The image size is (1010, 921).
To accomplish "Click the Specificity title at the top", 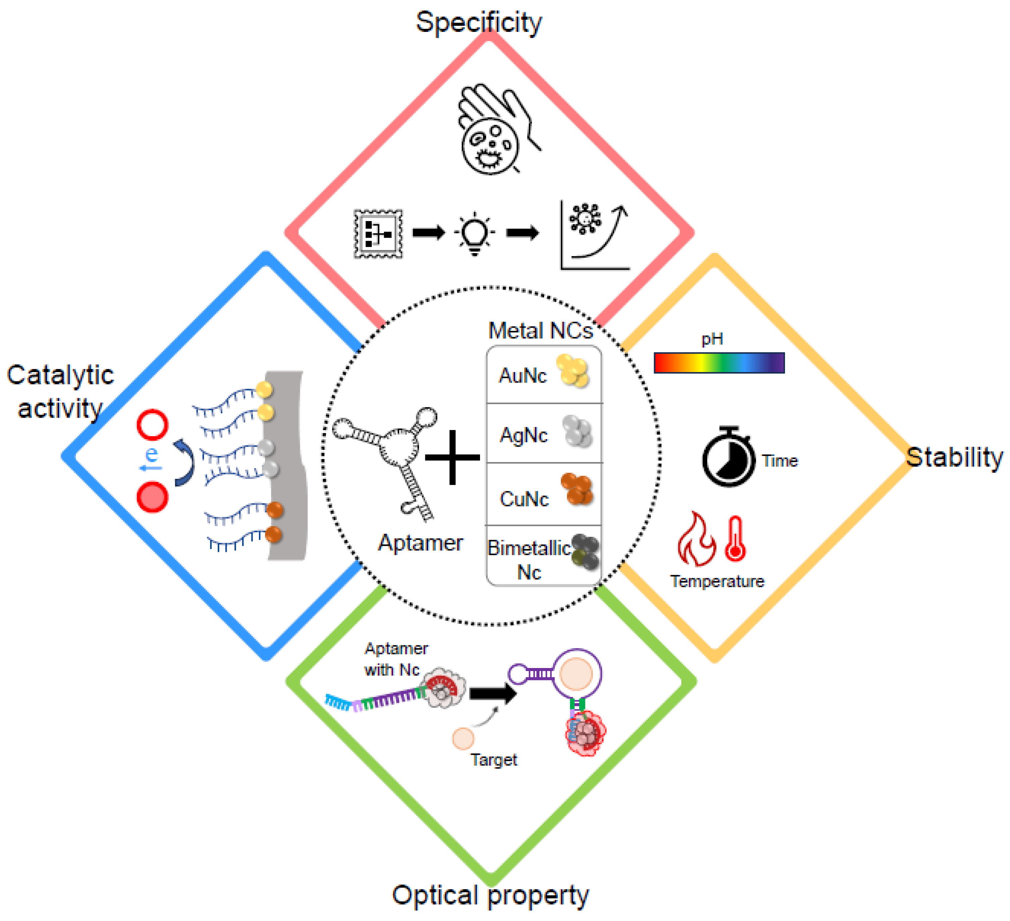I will coord(478,22).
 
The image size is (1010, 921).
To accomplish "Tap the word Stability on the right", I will coord(954,457).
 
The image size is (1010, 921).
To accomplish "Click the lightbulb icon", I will coord(474,233).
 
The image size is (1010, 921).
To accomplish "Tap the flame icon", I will coord(696,540).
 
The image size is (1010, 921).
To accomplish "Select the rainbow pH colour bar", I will coord(719,363).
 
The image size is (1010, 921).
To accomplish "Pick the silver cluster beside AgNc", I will coord(577,431).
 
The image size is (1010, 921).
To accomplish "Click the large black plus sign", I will coord(453,457).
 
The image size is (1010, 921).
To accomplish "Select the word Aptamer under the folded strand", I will coord(420,543).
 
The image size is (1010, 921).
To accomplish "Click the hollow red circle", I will coord(152,424).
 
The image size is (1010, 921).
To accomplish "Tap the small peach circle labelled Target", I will coord(463,738).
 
